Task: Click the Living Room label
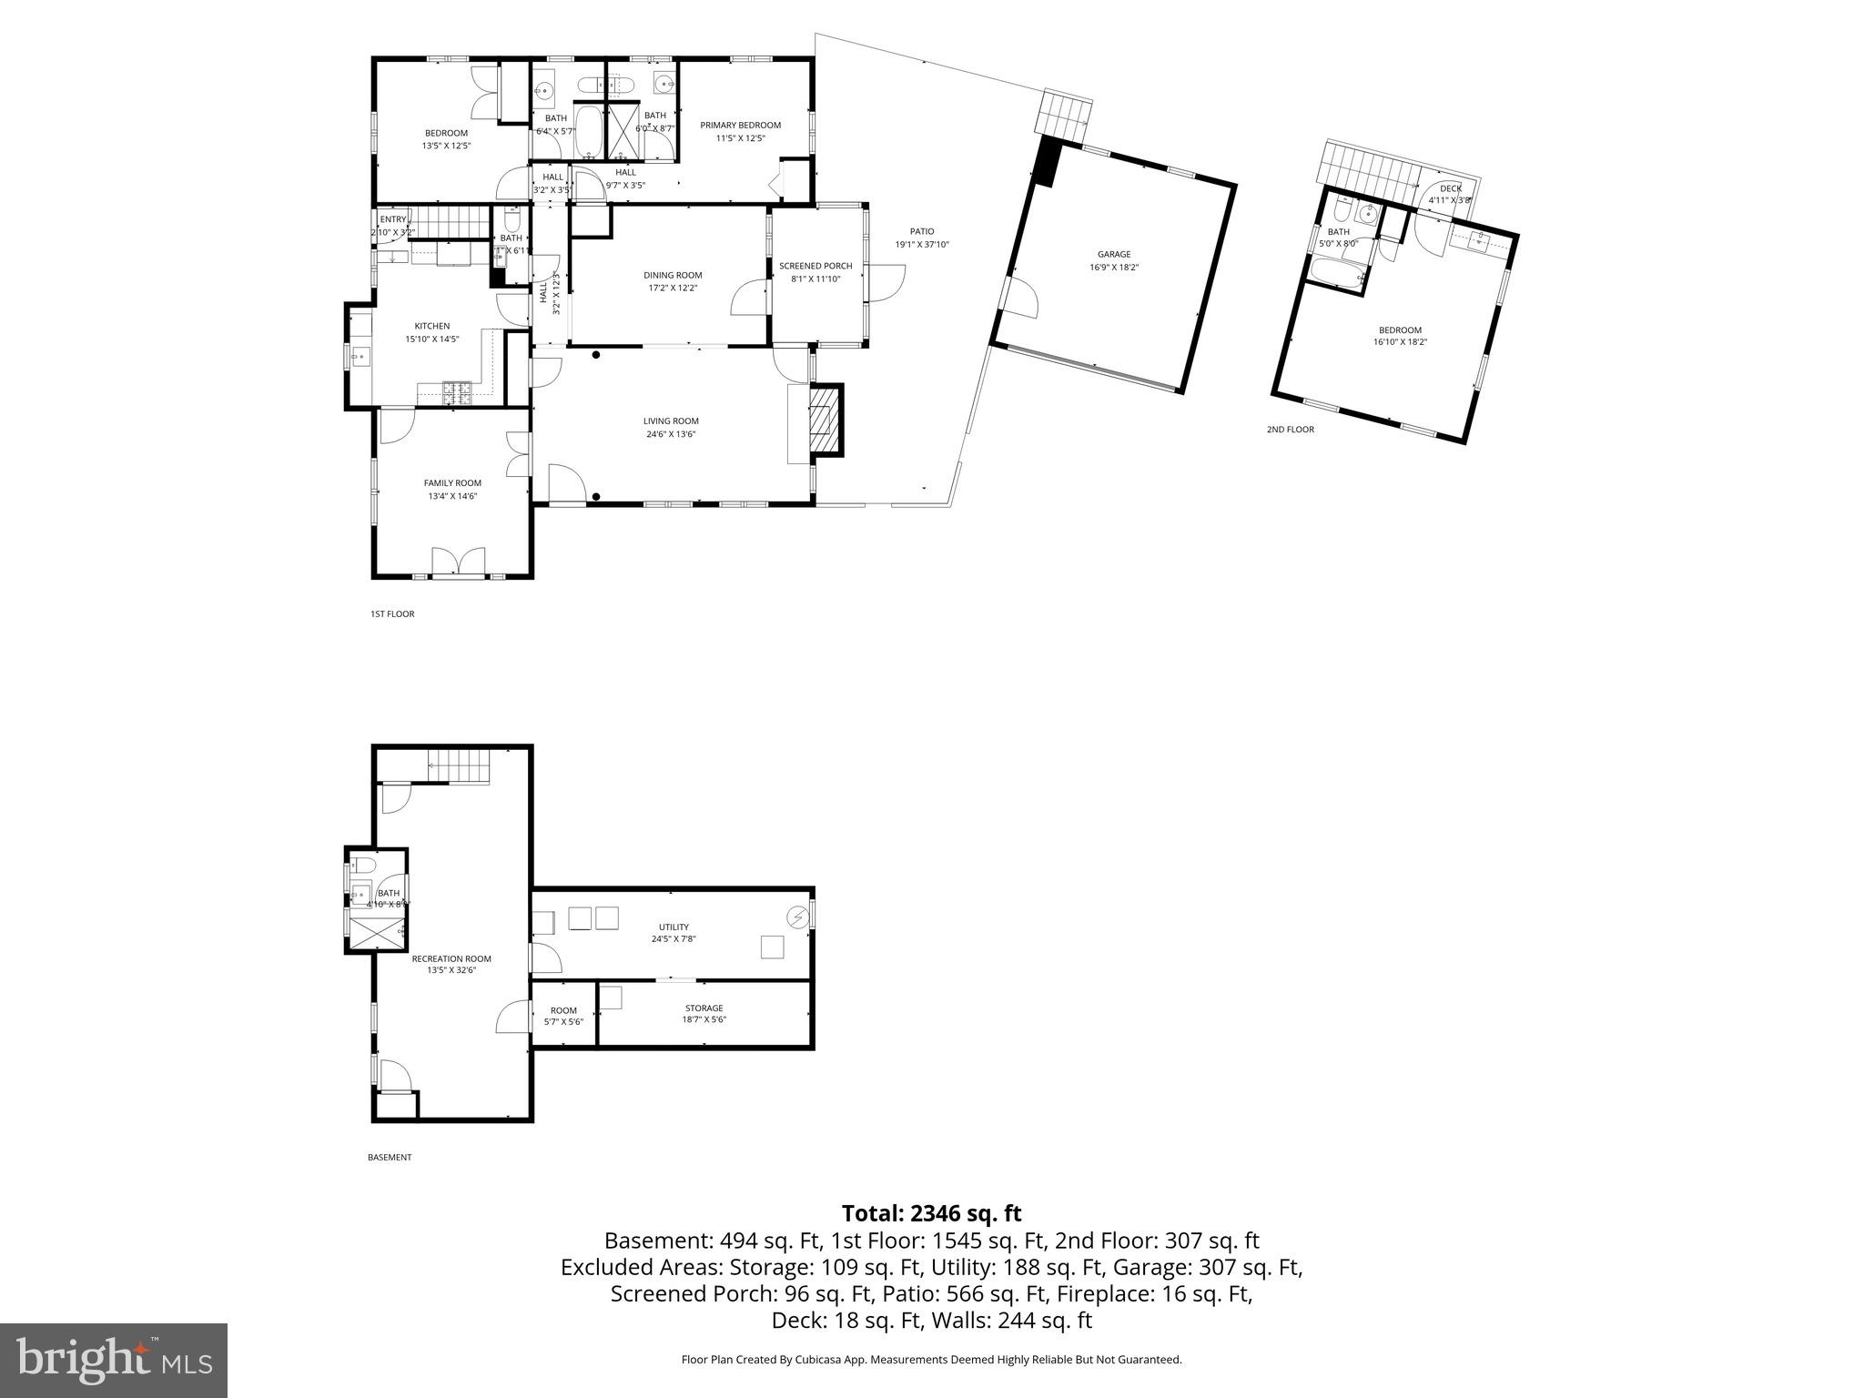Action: (x=671, y=421)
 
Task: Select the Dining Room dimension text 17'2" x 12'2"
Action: (x=674, y=289)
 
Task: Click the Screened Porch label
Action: (x=815, y=266)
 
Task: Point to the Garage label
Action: (x=1113, y=255)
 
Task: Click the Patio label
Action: (x=922, y=231)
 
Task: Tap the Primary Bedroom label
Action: (x=740, y=126)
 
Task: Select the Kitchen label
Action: (x=432, y=326)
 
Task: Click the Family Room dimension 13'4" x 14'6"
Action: (x=452, y=496)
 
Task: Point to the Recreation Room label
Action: (x=451, y=958)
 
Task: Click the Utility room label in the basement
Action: (x=674, y=927)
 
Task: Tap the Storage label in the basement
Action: (x=704, y=1008)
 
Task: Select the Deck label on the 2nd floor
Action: (x=1451, y=188)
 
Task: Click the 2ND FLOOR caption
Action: (x=1290, y=430)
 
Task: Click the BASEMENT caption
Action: (x=390, y=1158)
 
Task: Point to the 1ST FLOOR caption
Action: (x=392, y=614)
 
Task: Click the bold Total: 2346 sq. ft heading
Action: (x=931, y=1213)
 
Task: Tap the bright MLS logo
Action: (x=114, y=1361)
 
